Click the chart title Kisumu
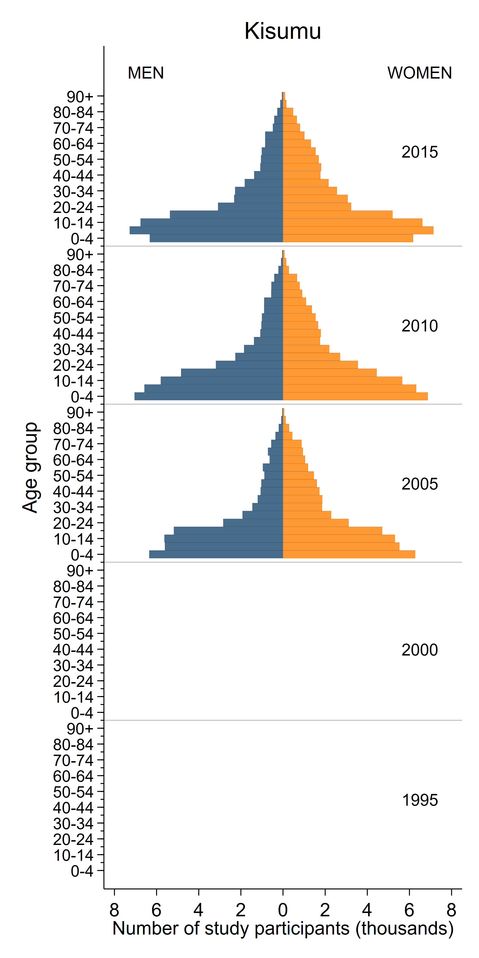(283, 31)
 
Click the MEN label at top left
(146, 73)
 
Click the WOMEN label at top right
(420, 73)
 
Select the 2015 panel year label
(420, 152)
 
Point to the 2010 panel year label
(420, 326)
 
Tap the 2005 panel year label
(420, 484)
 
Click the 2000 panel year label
(420, 650)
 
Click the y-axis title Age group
(30, 468)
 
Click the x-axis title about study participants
(283, 928)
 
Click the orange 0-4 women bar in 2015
(348, 238)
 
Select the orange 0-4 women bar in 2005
(349, 554)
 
